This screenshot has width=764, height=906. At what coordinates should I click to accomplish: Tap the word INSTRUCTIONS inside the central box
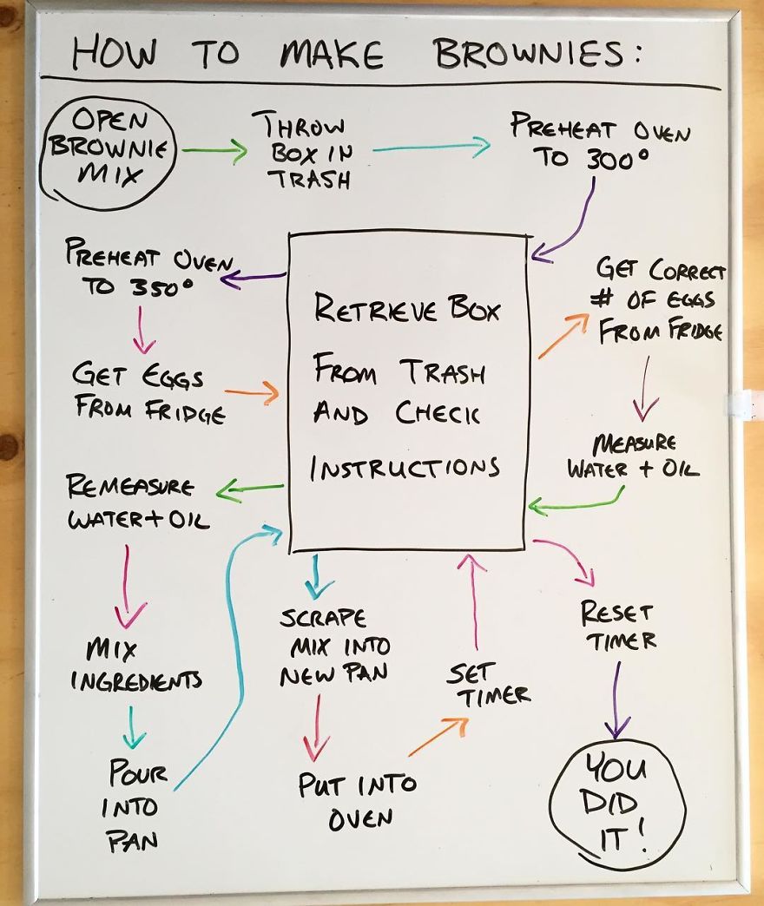405,469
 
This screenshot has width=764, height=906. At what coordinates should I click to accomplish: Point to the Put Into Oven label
357,800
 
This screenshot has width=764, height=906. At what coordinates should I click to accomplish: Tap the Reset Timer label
618,627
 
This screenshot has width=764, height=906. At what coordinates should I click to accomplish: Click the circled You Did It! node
618,804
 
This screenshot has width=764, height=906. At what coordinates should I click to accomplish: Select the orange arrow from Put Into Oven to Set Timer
438,737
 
